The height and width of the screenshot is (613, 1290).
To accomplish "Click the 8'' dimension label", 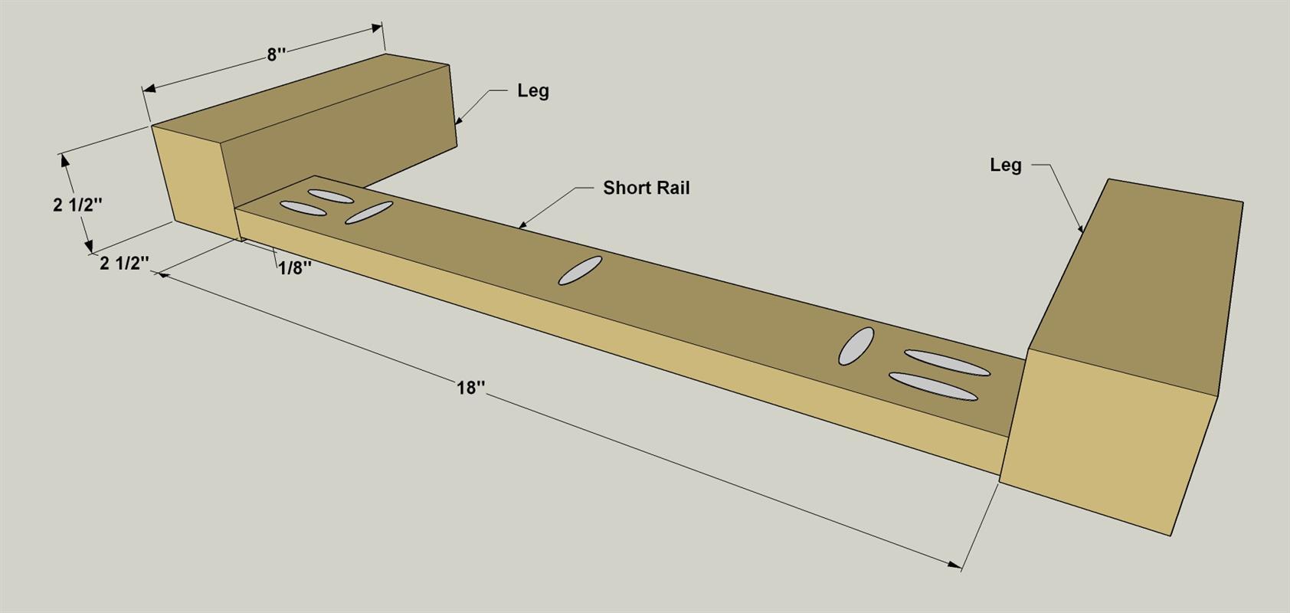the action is pos(277,54).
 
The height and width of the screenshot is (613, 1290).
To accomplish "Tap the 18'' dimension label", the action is pos(470,388).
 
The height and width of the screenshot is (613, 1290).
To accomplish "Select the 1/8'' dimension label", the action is pos(296,268).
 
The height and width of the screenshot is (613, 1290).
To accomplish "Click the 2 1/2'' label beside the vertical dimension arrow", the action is pos(77,205).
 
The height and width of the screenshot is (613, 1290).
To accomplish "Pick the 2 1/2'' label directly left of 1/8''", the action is pos(124,264).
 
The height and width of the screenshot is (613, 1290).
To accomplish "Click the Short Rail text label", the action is pos(647,188).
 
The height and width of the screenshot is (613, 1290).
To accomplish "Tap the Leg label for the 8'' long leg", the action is pos(533,91).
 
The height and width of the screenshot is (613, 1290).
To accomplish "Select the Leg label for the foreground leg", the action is pos(1006,166).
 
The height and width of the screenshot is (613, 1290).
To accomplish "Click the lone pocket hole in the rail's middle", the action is pos(580,270).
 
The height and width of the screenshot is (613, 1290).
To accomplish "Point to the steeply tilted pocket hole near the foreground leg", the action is pos(856,346).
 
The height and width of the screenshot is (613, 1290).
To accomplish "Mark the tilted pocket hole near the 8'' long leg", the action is pos(368,212).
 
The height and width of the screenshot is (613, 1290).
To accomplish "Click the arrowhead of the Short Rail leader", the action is pos(522,225).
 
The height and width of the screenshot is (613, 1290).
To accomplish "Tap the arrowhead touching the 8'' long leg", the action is pos(458,120).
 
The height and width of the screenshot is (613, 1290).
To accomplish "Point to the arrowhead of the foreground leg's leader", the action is pos(1080,228).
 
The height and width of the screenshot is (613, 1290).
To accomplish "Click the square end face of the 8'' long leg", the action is pos(196,182).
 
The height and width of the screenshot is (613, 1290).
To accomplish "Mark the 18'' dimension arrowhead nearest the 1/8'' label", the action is pos(164,275).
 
